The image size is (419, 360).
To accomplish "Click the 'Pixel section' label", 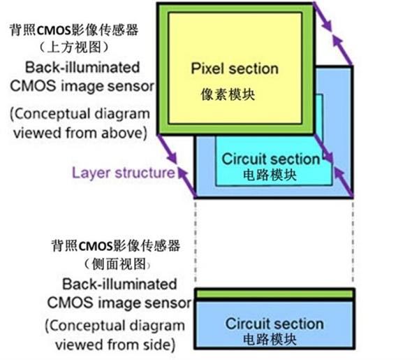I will pos(234,69).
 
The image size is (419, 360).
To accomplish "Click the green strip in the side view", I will pos(274,296).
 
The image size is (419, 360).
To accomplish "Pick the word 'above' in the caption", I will pos(128,132).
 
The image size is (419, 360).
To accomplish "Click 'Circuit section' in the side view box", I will pos(274,324).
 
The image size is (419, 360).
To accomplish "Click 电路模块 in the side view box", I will pos(274,340).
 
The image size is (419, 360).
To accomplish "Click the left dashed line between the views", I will pos(195,241).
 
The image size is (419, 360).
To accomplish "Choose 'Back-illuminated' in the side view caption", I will pos(119,285).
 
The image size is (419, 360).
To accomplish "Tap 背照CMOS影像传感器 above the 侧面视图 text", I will pos(116,246).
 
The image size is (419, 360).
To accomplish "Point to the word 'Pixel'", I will pos(208,69).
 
